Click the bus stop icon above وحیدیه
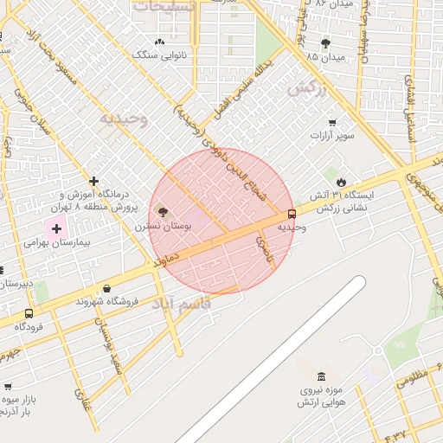tap(291, 213)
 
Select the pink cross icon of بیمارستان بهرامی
tap(57, 229)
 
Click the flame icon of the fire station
tap(342, 182)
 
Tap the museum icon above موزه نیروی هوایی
tap(322, 376)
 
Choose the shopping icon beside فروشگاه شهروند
tap(106, 288)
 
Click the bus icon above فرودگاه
tap(29, 313)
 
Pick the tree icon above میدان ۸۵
tap(325, 43)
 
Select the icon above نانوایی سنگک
tap(159, 42)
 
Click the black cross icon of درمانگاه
tap(94, 181)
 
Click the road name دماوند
tap(164, 257)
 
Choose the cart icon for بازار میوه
tap(8, 386)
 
